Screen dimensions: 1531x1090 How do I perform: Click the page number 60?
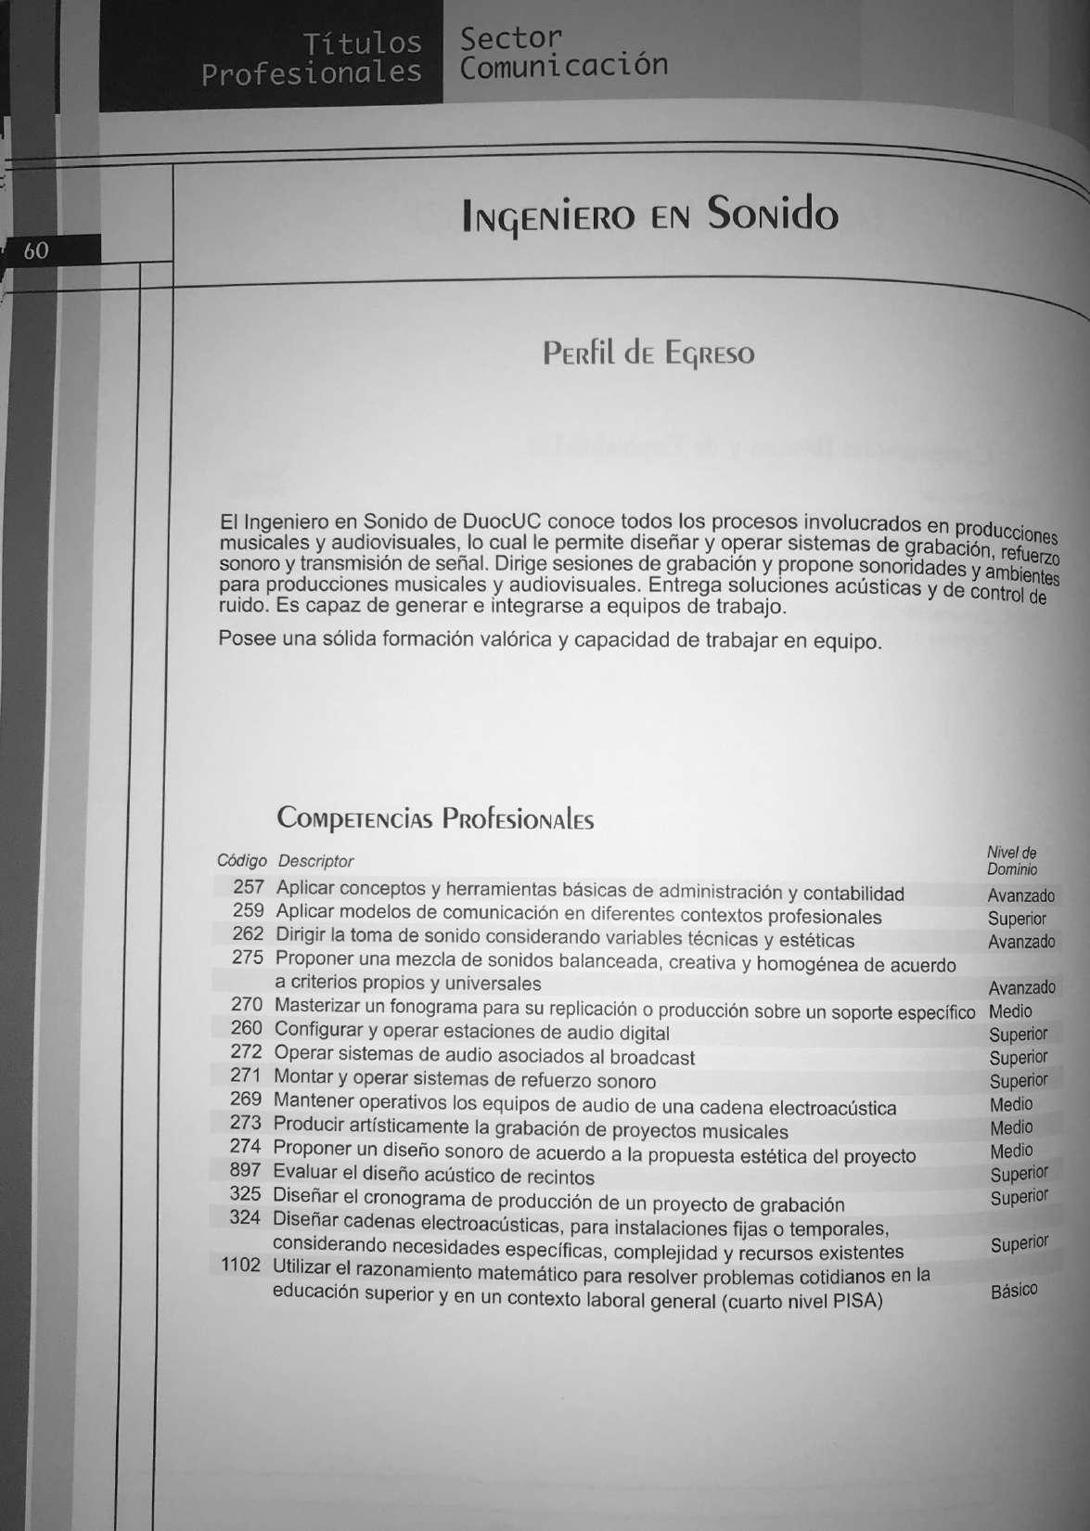tap(36, 251)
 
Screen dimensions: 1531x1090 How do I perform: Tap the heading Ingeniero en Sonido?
tap(649, 215)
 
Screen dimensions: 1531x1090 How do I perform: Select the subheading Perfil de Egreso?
tap(648, 354)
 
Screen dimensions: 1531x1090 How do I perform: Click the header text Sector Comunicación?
tap(563, 52)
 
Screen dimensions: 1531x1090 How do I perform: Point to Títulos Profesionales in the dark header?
tap(312, 58)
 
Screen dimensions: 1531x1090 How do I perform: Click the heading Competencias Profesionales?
tap(435, 818)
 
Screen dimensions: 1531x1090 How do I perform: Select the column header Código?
tap(241, 860)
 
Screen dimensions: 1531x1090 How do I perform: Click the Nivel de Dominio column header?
tap(1012, 861)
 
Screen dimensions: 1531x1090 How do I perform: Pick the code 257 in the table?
tap(249, 887)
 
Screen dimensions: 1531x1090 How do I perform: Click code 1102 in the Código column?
tap(241, 1265)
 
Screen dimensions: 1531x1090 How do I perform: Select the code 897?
tap(245, 1170)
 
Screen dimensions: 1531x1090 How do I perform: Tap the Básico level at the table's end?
tap(1013, 1291)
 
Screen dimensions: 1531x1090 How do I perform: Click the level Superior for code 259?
tap(1017, 919)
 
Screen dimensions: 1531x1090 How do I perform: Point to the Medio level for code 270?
tap(1010, 1011)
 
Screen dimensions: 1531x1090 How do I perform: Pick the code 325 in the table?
tap(245, 1194)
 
